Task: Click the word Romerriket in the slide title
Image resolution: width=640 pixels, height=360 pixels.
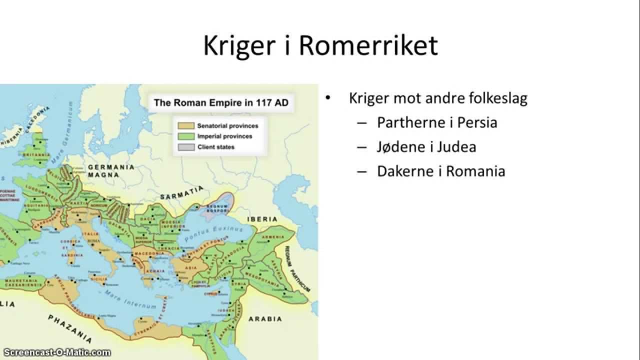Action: (x=368, y=45)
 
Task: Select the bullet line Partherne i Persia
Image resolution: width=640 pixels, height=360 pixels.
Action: (x=436, y=122)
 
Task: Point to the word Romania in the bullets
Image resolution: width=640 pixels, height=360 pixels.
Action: (x=475, y=171)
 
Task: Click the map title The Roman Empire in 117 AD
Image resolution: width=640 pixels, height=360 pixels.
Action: (x=220, y=103)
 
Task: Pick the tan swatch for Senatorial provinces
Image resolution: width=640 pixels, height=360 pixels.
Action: (x=185, y=125)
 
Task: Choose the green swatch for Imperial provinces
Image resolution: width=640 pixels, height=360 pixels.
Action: (x=185, y=136)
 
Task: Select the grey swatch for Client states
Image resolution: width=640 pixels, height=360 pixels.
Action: (x=185, y=147)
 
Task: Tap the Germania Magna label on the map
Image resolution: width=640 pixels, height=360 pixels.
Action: (x=111, y=171)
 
